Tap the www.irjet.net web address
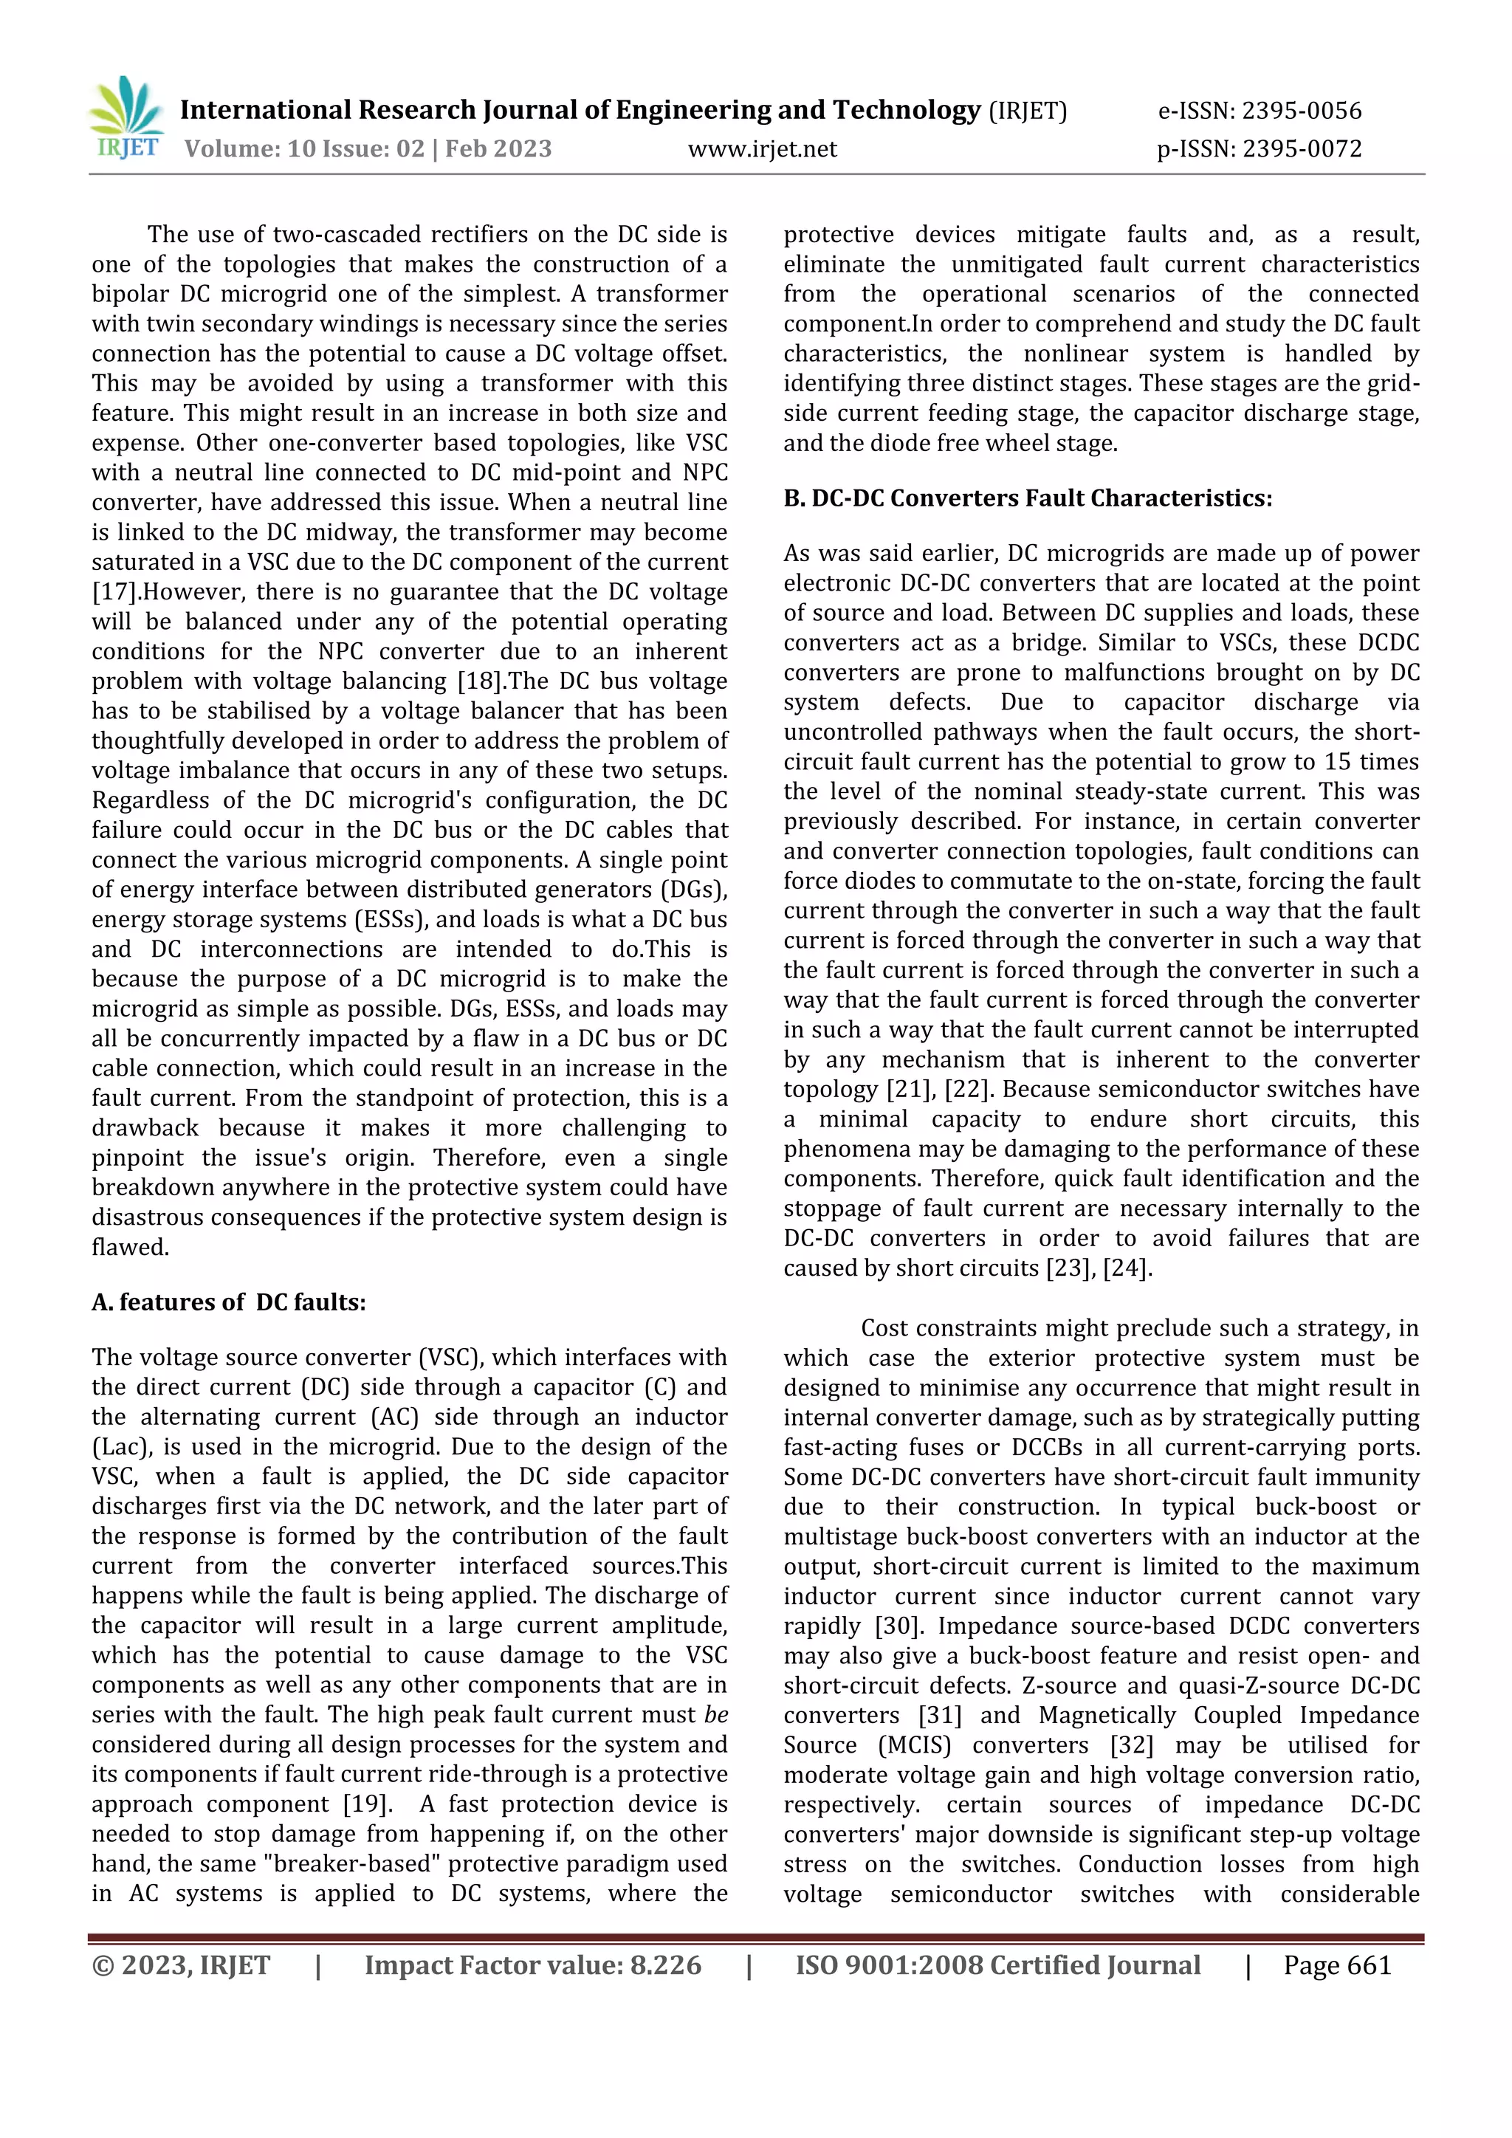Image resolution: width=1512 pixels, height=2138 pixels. [x=762, y=149]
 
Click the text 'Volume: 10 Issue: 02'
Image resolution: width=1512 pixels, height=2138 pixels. [x=304, y=149]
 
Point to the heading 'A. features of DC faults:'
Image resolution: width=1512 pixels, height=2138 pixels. [x=228, y=1302]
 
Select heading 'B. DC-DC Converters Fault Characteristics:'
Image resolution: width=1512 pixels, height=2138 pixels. [x=1027, y=498]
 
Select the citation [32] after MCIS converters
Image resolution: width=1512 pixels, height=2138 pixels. [x=1130, y=1745]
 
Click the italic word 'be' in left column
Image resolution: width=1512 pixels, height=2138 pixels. [x=716, y=1714]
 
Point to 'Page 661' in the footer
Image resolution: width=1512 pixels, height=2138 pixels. [x=1337, y=1966]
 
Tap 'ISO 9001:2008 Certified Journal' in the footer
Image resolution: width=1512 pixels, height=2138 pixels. [x=997, y=1966]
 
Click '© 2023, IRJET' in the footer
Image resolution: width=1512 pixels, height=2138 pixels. [x=181, y=1966]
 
